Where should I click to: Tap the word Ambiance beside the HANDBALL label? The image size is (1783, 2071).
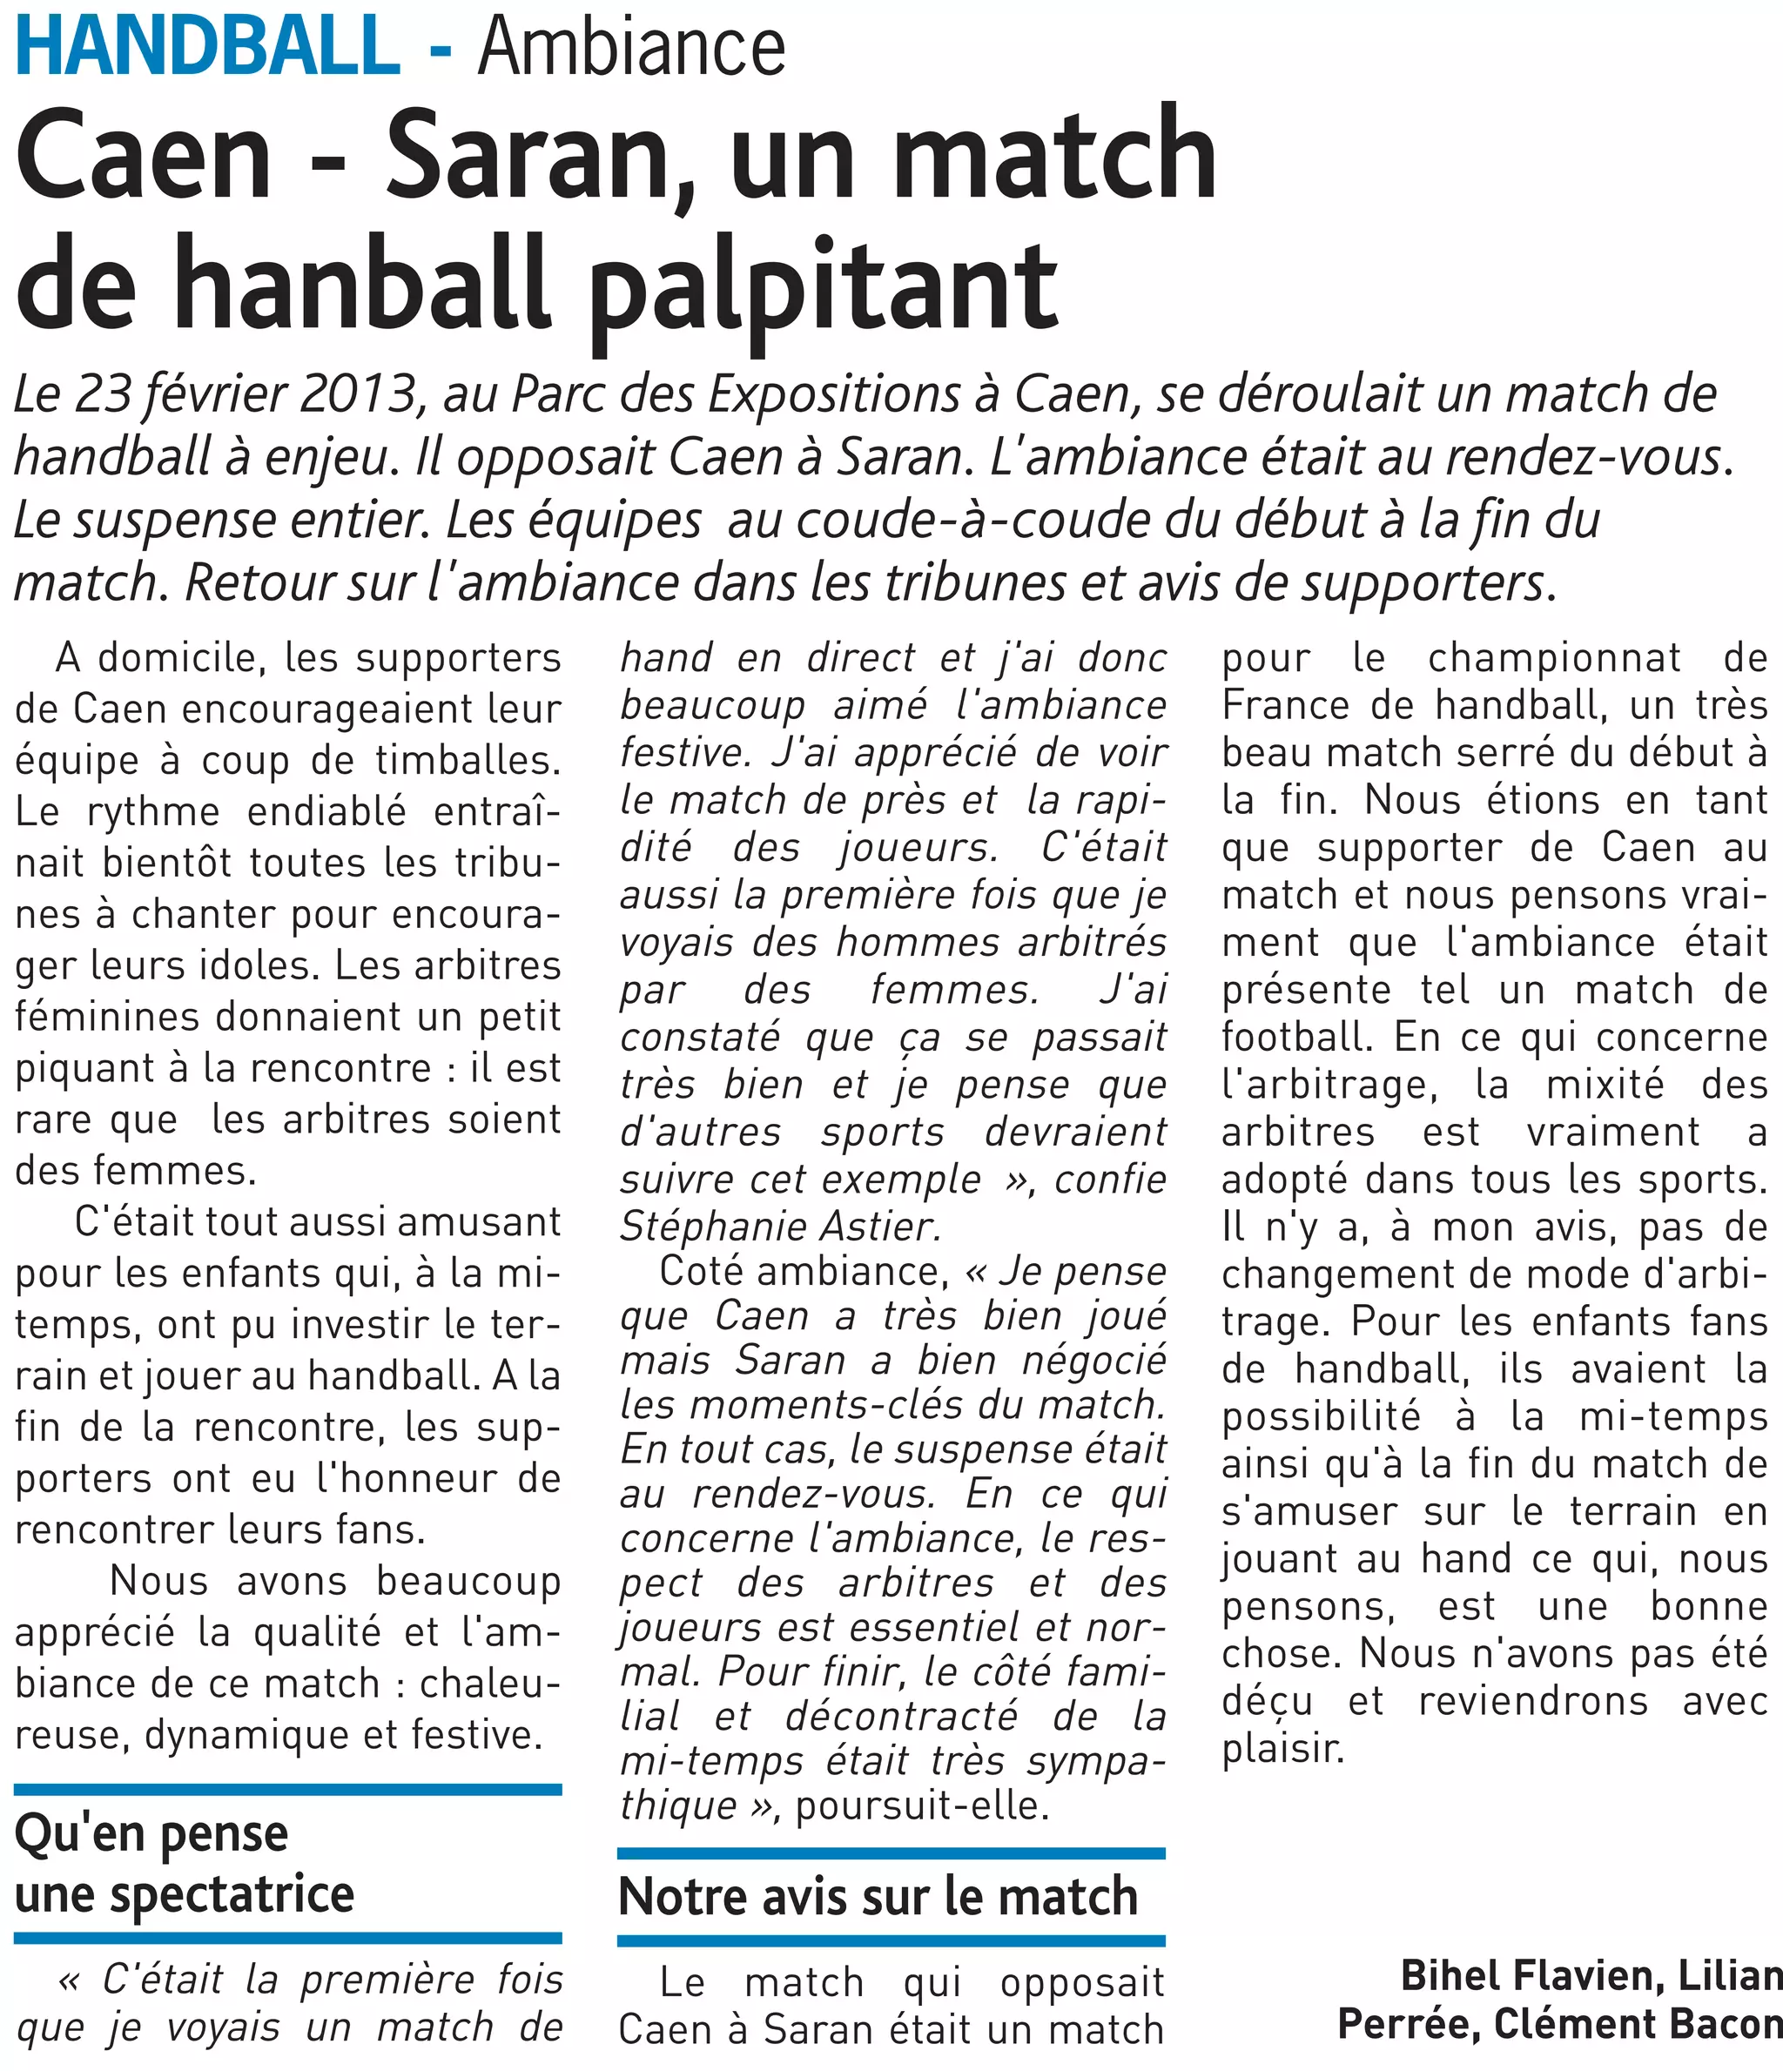632,47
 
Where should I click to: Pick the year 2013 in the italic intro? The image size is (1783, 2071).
356,395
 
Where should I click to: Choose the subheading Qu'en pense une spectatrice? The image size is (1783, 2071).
185,1864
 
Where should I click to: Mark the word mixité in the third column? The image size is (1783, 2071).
1608,1085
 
